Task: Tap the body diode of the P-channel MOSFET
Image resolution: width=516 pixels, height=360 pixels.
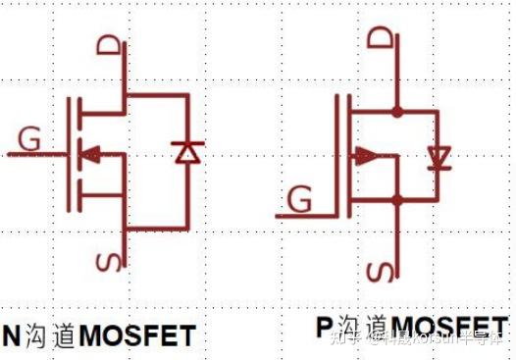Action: click(439, 156)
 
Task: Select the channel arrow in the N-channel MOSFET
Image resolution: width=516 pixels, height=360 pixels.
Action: click(89, 153)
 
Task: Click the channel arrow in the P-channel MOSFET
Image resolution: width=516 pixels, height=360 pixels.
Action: click(366, 155)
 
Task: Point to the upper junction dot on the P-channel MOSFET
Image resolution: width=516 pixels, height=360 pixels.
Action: click(396, 110)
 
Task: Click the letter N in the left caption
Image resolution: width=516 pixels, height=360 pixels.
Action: click(12, 334)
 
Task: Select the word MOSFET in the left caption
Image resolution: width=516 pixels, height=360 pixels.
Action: click(136, 335)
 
